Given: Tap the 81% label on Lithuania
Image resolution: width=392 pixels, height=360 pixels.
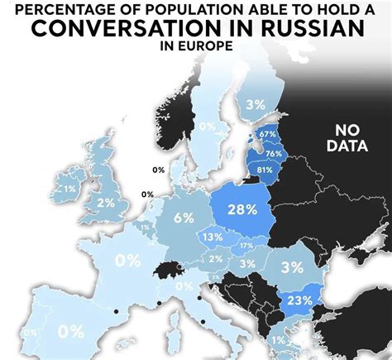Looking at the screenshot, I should pos(265,170).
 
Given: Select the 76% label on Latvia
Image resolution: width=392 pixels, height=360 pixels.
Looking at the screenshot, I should pos(274,153).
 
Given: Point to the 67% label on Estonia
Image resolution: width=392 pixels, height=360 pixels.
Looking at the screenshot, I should pos(267,134).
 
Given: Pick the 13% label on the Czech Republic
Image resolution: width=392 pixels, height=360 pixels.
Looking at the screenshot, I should pos(213,238).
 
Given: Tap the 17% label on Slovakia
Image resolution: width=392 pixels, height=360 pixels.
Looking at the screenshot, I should pos(246,246).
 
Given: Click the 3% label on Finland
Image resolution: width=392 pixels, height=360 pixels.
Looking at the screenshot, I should pos(255,104).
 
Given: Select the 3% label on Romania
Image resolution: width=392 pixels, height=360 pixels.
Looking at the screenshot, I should pos(291,267).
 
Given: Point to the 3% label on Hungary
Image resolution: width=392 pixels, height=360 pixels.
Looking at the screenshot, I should pos(247,263).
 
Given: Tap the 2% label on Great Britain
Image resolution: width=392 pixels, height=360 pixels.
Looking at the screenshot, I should pos(105,202).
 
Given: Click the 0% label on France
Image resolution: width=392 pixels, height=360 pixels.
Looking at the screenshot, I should pos(127,260).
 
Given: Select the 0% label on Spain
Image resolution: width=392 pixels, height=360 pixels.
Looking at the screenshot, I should pos(71,331).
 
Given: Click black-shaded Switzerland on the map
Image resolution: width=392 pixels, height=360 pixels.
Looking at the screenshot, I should pos(170,269).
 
